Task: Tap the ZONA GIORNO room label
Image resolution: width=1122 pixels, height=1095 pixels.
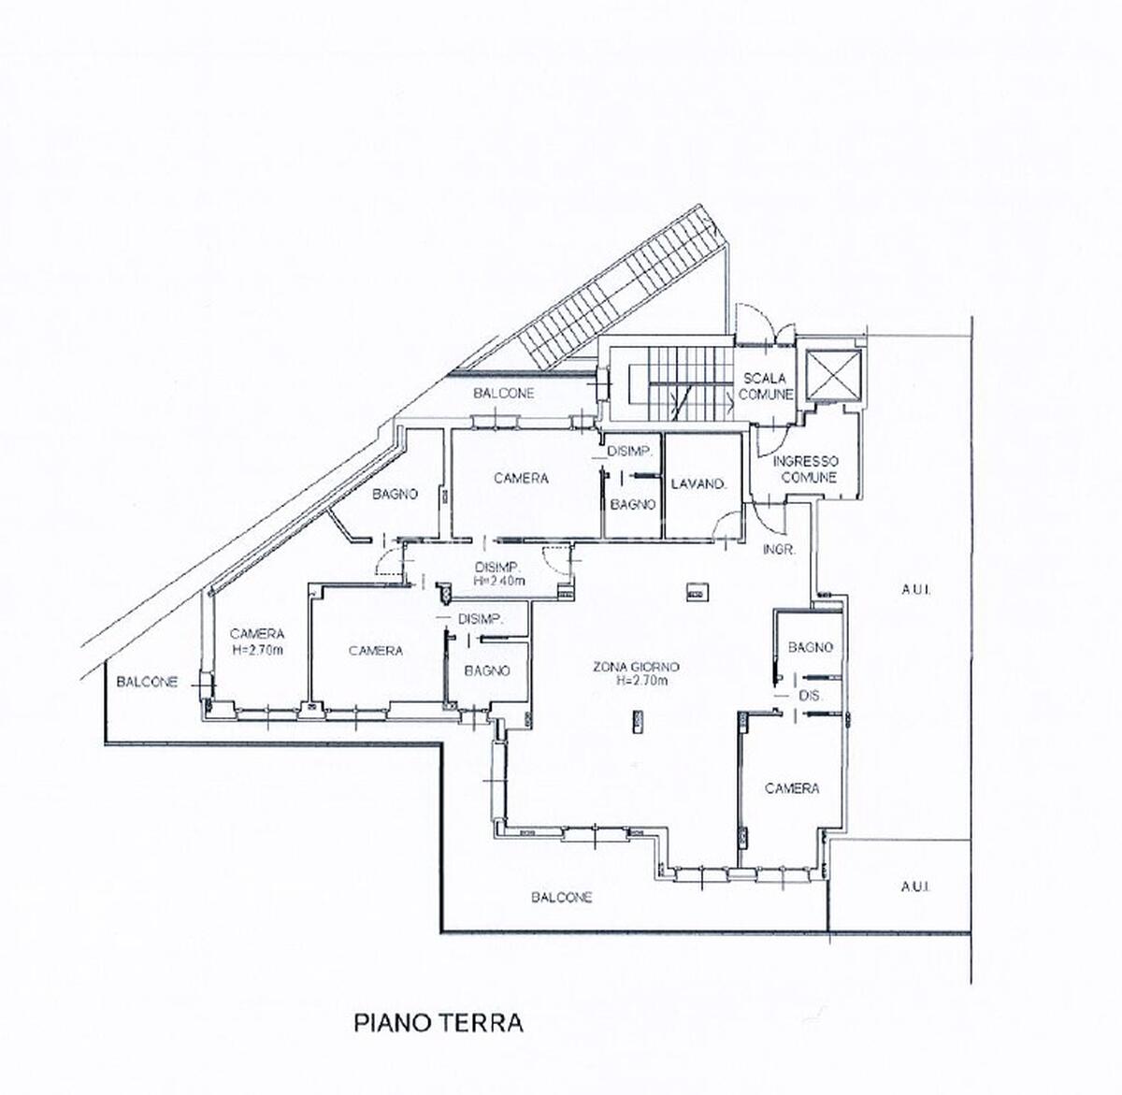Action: click(636, 667)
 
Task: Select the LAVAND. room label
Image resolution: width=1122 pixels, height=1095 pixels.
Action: click(698, 484)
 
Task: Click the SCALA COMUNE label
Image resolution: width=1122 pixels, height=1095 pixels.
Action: click(765, 387)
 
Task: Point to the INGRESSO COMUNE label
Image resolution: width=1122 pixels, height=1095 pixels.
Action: click(805, 469)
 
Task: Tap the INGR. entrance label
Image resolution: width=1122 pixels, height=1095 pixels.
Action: click(779, 550)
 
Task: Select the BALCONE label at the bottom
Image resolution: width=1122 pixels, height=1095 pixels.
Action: click(562, 898)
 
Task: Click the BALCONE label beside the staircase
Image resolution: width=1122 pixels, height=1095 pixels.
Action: click(504, 394)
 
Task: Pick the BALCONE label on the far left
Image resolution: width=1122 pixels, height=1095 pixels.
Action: click(147, 682)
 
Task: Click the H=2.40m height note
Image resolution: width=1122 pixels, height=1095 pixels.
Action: click(499, 581)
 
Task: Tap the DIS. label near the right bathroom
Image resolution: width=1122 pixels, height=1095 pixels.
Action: click(810, 697)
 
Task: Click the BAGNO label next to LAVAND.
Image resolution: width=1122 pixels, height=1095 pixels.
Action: click(633, 505)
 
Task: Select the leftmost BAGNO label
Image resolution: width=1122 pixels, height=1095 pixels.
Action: click(395, 494)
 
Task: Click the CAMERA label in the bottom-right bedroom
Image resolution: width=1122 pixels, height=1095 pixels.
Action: click(792, 788)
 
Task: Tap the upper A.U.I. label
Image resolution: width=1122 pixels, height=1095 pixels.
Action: click(915, 590)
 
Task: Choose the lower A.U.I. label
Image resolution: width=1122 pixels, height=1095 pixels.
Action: click(915, 886)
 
